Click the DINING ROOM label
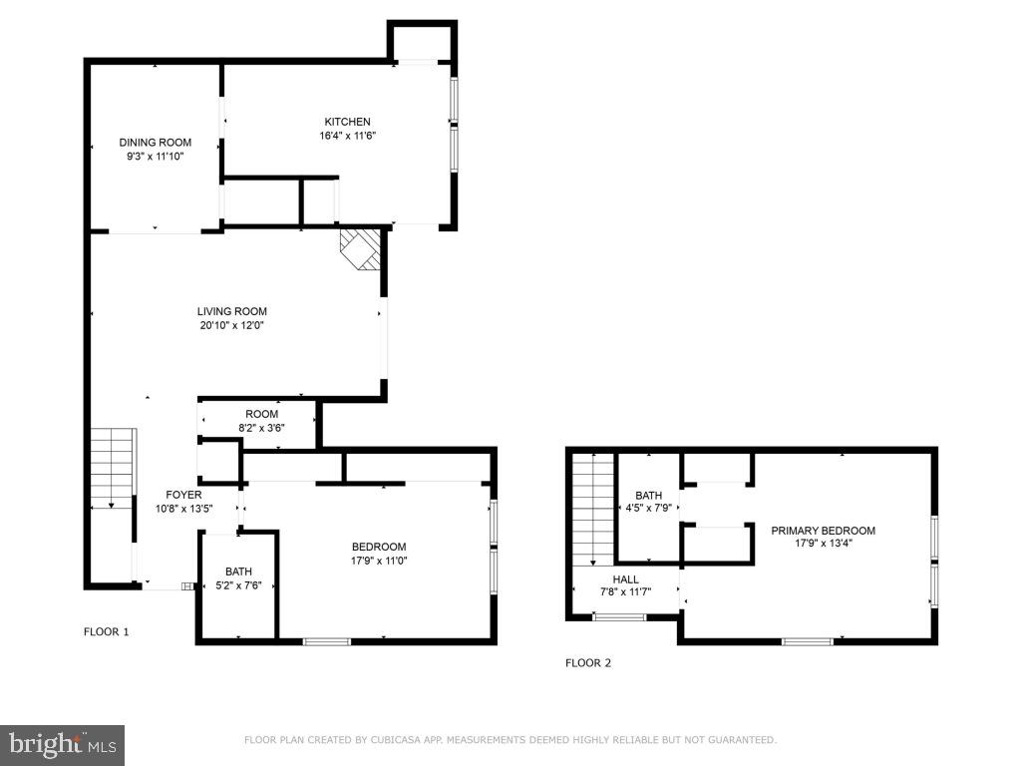155,143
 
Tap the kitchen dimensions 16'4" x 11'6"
347,136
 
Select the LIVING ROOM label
231,311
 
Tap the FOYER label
183,495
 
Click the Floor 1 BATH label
238,572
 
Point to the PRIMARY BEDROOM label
823,531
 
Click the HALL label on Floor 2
625,579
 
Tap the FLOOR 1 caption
106,631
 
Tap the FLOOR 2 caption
588,662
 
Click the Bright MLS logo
62,744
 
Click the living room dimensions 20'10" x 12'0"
231,325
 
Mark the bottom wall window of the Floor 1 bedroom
328,640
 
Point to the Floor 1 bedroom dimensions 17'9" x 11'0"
379,561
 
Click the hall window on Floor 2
618,617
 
